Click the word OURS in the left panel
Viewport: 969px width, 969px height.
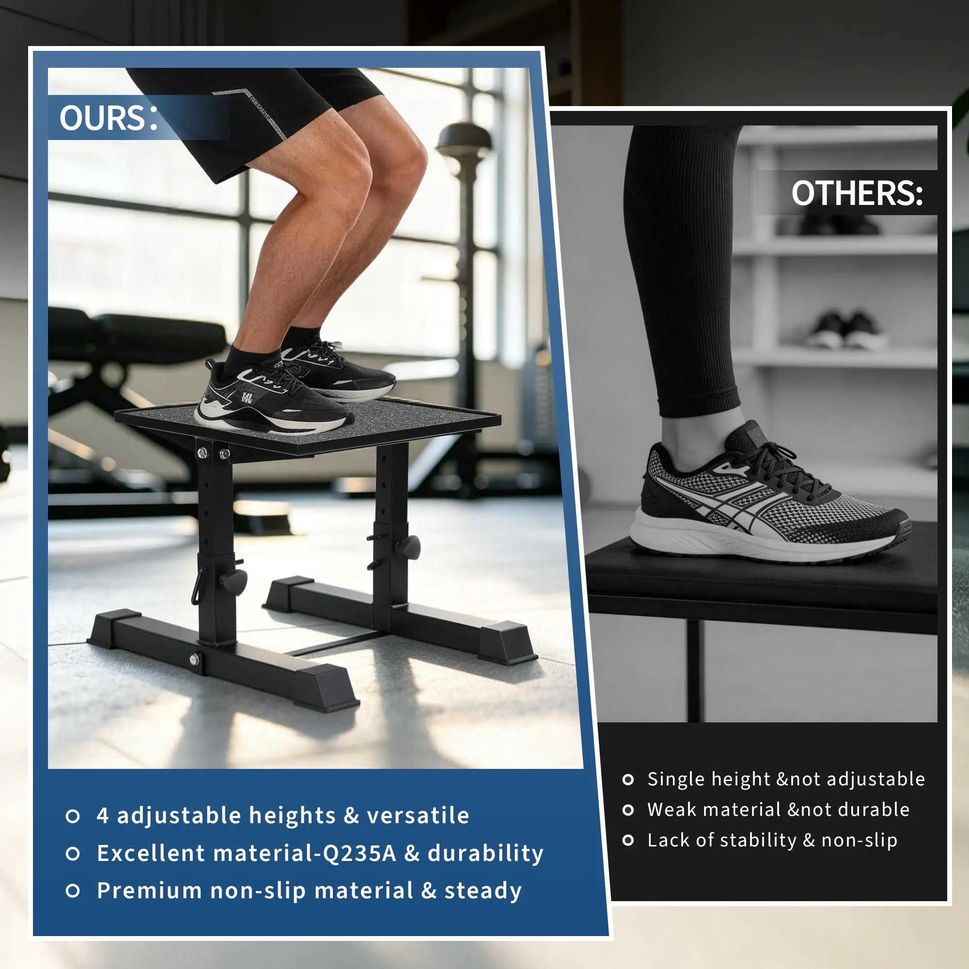(x=102, y=118)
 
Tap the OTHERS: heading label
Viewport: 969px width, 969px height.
(x=857, y=193)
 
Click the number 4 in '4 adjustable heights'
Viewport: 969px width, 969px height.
(x=103, y=815)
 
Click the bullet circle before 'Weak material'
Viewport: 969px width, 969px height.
(x=628, y=810)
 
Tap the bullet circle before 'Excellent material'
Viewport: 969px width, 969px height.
(x=73, y=854)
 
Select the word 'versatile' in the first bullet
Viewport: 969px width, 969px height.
(x=418, y=815)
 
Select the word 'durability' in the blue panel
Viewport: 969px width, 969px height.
(x=485, y=853)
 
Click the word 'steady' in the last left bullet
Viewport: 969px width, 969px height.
(x=483, y=891)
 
